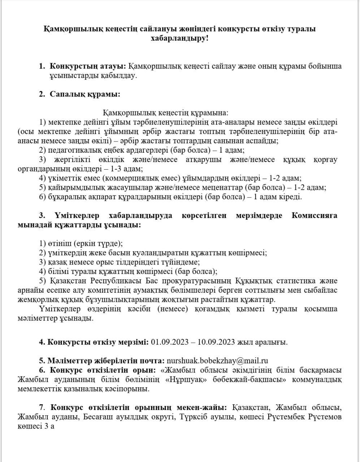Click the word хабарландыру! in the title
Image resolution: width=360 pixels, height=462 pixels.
pyautogui.click(x=179, y=38)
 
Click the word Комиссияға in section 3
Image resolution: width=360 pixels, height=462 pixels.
pyautogui.click(x=314, y=215)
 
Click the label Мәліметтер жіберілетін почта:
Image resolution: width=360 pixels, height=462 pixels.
pyautogui.click(x=101, y=361)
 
